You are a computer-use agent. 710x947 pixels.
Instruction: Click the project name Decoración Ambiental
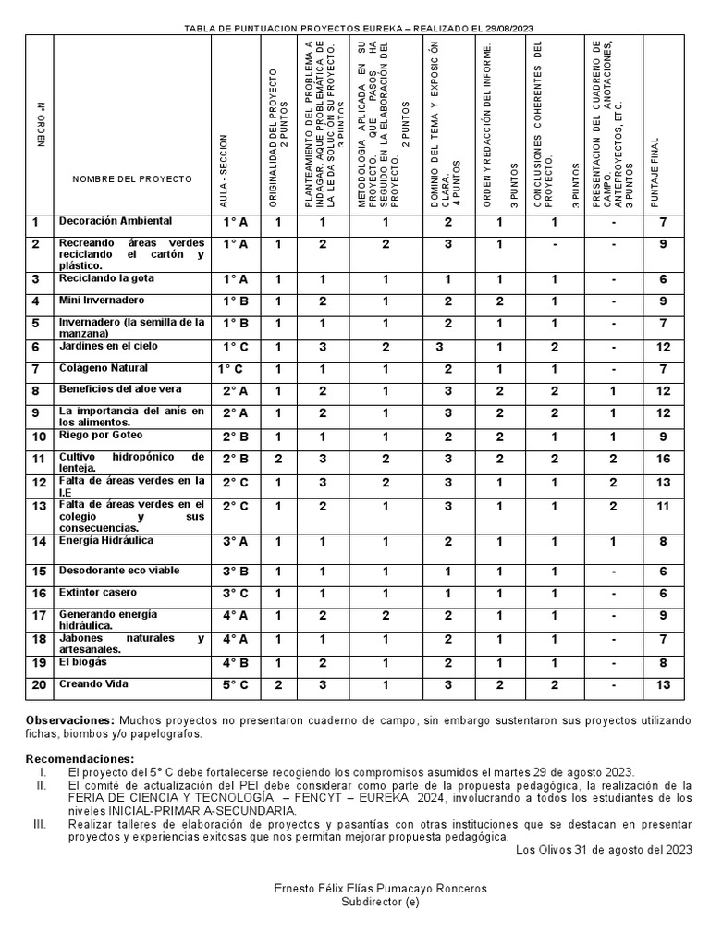(x=115, y=222)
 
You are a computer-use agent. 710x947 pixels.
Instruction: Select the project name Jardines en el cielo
(x=108, y=346)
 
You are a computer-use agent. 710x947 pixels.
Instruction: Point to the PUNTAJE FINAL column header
(x=655, y=171)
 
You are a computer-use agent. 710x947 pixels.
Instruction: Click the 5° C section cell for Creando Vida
(x=235, y=685)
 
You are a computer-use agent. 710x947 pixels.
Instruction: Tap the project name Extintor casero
(x=98, y=592)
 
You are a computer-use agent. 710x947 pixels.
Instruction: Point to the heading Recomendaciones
(x=80, y=759)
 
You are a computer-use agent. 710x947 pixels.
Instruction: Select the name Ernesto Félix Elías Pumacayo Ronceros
(x=380, y=889)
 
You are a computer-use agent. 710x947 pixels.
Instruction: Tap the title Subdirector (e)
(x=380, y=902)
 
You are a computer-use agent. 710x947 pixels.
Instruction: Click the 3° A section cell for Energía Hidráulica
(x=235, y=542)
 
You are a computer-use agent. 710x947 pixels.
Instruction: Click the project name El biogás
(x=83, y=662)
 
